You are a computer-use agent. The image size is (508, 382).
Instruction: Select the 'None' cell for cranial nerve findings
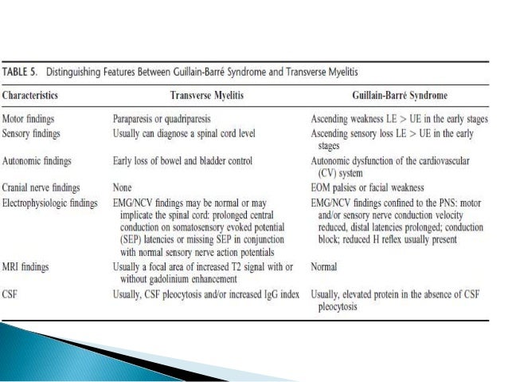pyautogui.click(x=123, y=188)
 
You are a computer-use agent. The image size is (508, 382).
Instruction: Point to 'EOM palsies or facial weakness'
pyautogui.click(x=372, y=188)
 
